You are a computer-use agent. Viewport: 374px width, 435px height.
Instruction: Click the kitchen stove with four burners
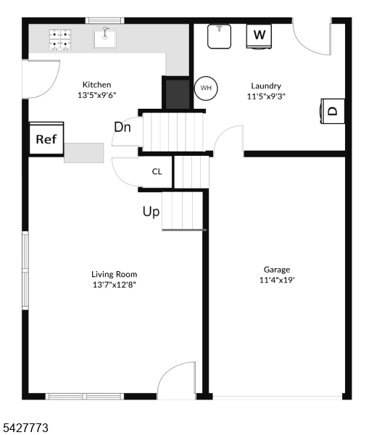click(x=61, y=40)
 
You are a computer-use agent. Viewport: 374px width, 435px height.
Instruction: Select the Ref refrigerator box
click(x=46, y=138)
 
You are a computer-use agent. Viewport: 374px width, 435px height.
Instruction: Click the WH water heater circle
click(x=206, y=88)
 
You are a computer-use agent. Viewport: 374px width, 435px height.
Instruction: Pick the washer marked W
click(x=259, y=35)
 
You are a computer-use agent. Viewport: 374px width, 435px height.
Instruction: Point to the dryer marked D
click(x=332, y=111)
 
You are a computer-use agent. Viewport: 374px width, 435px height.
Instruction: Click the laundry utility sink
click(x=220, y=36)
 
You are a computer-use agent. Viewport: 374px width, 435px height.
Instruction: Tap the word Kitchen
click(x=96, y=85)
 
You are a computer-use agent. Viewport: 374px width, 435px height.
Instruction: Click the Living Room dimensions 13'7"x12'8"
click(x=114, y=285)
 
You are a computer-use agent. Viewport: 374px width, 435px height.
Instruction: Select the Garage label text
click(x=276, y=269)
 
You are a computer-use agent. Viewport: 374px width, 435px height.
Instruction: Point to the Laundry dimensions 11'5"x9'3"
click(x=266, y=96)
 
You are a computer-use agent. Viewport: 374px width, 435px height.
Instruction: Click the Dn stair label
click(x=122, y=127)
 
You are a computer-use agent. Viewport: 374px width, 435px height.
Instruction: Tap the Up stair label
click(x=151, y=212)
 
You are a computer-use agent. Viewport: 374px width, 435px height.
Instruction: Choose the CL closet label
click(x=157, y=173)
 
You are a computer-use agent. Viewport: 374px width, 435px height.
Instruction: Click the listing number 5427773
click(x=25, y=428)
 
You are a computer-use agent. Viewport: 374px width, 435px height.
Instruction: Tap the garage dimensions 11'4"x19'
click(x=277, y=280)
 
